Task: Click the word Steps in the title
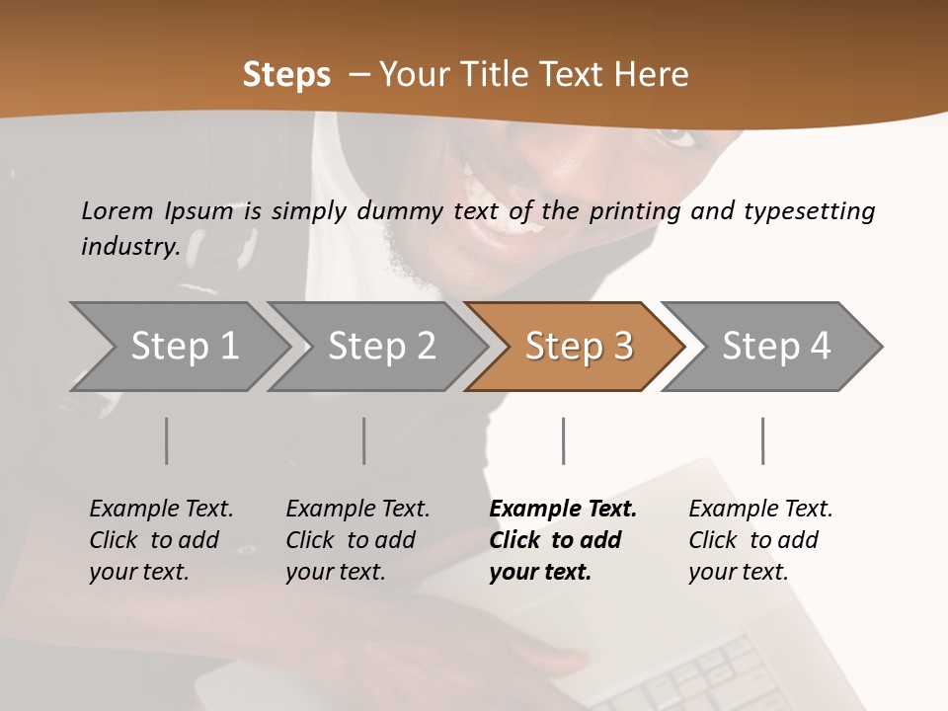coord(286,75)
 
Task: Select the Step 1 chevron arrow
coord(184,347)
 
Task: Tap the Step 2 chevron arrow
coord(381,347)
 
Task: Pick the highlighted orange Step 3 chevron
coord(579,347)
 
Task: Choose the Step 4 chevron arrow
coord(776,347)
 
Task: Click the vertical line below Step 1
coord(167,440)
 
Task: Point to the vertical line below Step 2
coord(364,440)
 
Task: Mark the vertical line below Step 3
coord(564,440)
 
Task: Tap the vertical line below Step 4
coord(763,440)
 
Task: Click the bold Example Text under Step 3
coord(563,540)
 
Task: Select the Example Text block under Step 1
coord(161,540)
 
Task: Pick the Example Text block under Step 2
coord(357,540)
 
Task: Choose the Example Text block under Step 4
coord(760,540)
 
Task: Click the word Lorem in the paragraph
coord(118,210)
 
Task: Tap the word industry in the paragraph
coord(129,247)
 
